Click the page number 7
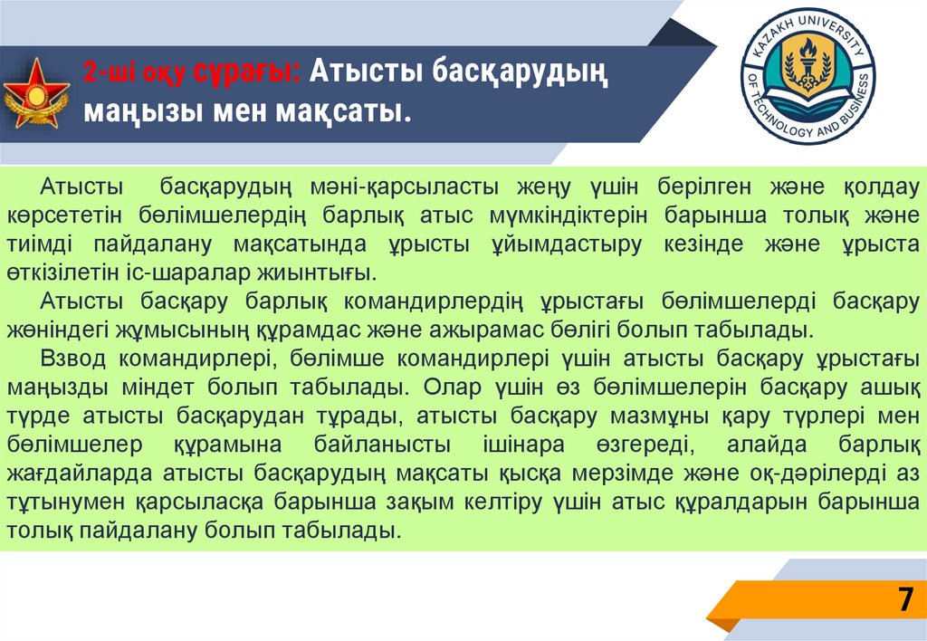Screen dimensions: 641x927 [x=903, y=601]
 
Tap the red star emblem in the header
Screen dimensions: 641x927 [x=36, y=94]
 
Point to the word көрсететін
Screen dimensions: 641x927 [x=66, y=216]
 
